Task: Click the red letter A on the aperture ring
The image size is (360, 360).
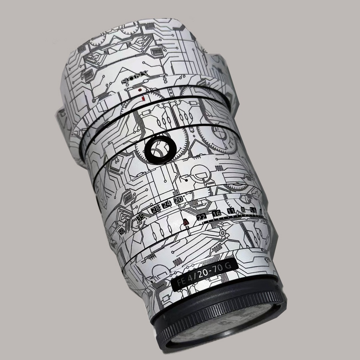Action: coord(186,222)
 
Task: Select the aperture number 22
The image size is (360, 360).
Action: coord(202,217)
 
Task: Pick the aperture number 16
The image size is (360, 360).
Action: coord(217,213)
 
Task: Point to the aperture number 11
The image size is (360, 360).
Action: coord(231,211)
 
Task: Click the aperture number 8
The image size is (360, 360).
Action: coord(243,210)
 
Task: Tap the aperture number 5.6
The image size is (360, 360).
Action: coord(253,210)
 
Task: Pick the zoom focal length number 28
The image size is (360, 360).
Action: coord(155,208)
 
